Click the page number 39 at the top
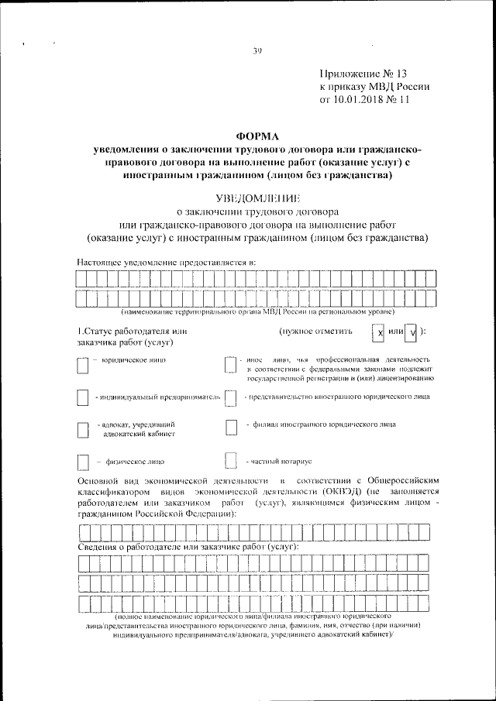click(x=258, y=51)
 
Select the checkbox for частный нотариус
click(x=229, y=461)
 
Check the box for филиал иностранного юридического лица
click(x=230, y=428)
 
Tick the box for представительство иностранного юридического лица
click(x=229, y=398)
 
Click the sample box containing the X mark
click(x=378, y=332)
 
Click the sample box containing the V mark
click(x=412, y=332)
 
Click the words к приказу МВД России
click(x=375, y=87)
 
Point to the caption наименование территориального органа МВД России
click(x=256, y=311)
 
